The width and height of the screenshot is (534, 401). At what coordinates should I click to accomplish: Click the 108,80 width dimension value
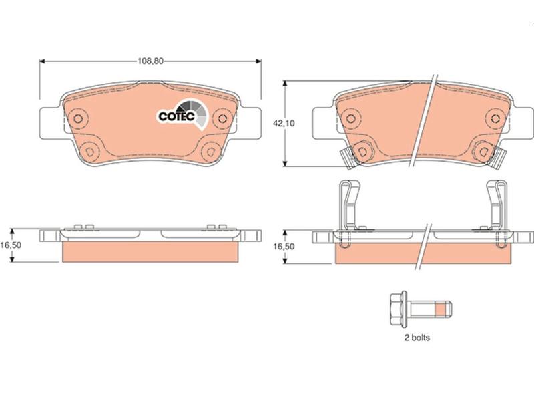pyautogui.click(x=150, y=61)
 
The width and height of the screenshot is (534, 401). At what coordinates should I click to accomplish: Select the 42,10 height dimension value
pyautogui.click(x=284, y=124)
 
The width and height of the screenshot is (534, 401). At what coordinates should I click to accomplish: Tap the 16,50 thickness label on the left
pyautogui.click(x=11, y=245)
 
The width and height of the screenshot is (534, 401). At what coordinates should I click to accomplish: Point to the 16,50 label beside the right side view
pyautogui.click(x=284, y=246)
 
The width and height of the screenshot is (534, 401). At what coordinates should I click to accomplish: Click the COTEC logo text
pyautogui.click(x=176, y=116)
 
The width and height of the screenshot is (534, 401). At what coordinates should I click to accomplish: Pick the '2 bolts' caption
pyautogui.click(x=417, y=338)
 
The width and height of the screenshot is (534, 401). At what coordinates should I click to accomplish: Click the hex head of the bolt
pyautogui.click(x=395, y=309)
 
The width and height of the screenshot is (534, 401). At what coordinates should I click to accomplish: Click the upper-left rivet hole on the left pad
pyautogui.click(x=78, y=119)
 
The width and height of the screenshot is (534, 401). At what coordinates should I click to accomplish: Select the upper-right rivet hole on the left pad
pyautogui.click(x=222, y=119)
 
